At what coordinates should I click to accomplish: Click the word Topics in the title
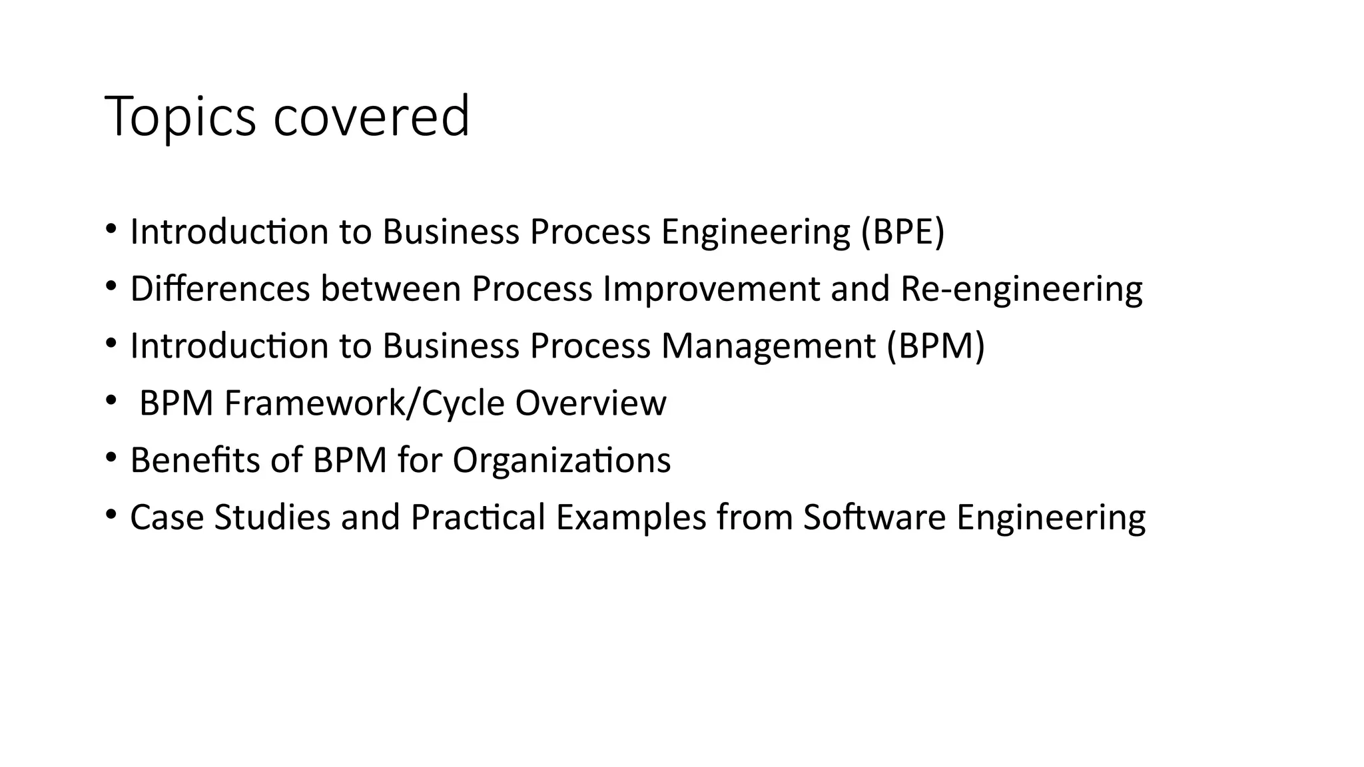click(180, 117)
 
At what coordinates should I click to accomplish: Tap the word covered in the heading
click(372, 117)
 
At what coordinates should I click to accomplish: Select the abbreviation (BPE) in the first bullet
click(902, 232)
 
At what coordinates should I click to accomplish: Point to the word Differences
click(220, 289)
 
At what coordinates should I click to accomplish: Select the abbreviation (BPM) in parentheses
click(936, 346)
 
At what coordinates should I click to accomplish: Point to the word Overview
click(590, 403)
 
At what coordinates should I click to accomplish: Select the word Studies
click(272, 517)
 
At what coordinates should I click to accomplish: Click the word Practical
click(478, 517)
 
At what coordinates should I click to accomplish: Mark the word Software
click(874, 517)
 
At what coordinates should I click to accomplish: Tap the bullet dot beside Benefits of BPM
click(111, 457)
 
